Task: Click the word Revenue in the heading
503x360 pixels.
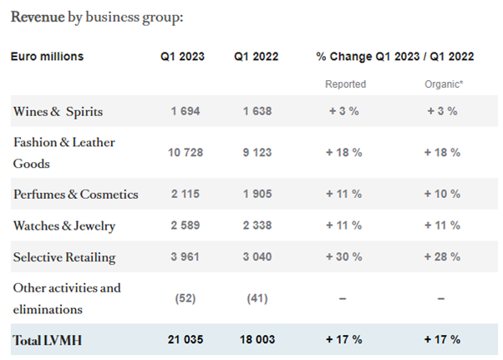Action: coord(38,17)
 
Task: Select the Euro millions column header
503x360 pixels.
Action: coord(47,57)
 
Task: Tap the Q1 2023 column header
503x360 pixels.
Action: coord(183,57)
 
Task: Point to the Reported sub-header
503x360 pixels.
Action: coord(345,84)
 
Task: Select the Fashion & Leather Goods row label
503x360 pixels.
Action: coord(64,153)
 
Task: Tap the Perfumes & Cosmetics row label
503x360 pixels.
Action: coord(75,195)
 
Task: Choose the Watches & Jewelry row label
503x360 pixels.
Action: coord(64,226)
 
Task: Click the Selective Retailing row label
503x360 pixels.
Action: coord(64,257)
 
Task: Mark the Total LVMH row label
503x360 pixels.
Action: coord(48,341)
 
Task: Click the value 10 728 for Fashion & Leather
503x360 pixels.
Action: coord(183,153)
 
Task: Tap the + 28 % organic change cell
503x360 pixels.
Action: coord(442,257)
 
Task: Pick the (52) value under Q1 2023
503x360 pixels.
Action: coord(183,299)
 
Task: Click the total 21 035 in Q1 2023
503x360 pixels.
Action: coord(183,341)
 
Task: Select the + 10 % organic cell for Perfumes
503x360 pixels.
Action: coord(442,195)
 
